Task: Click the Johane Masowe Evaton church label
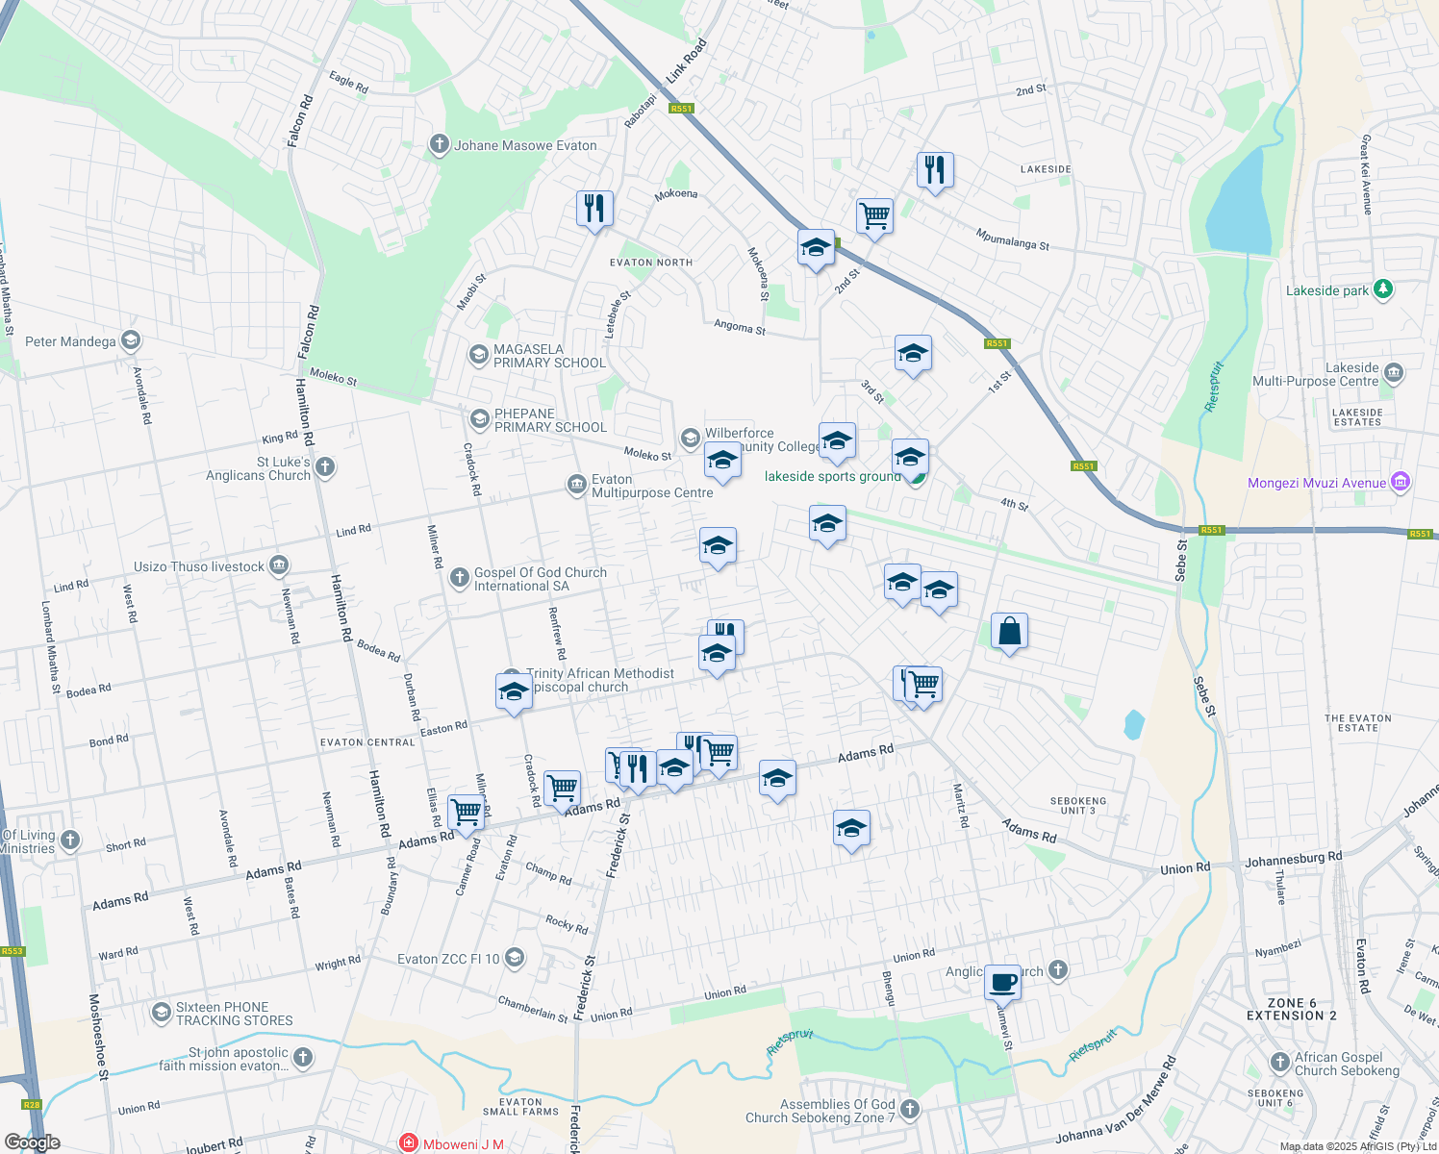point(525,146)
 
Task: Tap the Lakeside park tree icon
point(1383,289)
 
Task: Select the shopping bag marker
point(1009,632)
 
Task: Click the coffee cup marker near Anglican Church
point(1002,983)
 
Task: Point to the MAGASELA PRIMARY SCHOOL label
point(549,357)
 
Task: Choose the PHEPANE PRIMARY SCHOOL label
point(549,421)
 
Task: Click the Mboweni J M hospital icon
point(409,1143)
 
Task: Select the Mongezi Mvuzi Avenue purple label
point(1317,484)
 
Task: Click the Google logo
point(33,1142)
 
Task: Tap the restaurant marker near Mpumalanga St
point(935,171)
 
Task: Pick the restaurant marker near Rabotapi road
point(594,209)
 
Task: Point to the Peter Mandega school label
point(70,341)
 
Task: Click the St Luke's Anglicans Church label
point(258,468)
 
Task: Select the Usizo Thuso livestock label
point(198,566)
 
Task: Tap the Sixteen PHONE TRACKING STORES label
point(234,1014)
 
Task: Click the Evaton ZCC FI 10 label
point(448,959)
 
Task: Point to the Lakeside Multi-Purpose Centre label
point(1316,374)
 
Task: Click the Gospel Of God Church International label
point(540,579)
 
